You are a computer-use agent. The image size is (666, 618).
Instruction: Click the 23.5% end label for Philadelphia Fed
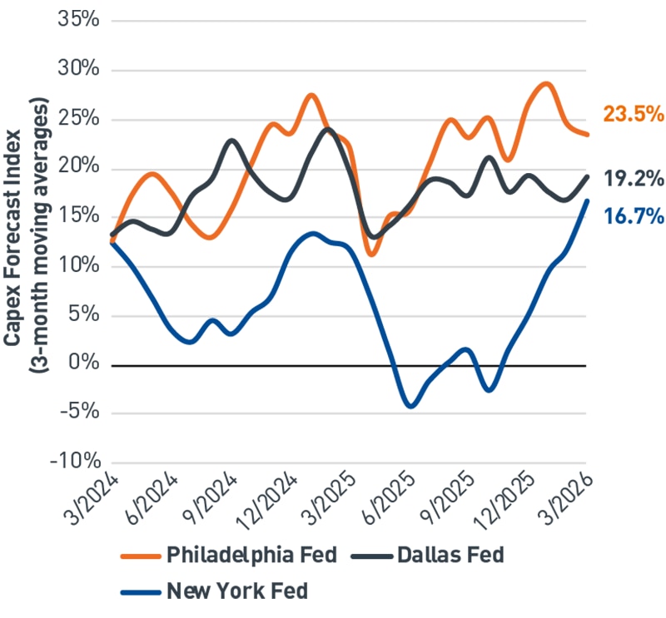pyautogui.click(x=633, y=115)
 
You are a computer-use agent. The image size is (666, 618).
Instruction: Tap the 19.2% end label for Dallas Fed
pyautogui.click(x=633, y=178)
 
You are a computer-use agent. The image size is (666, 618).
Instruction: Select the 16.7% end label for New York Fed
pyautogui.click(x=633, y=217)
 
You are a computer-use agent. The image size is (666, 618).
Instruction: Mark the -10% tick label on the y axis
pyautogui.click(x=75, y=462)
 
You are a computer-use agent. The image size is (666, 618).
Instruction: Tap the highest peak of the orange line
pyautogui.click(x=545, y=83)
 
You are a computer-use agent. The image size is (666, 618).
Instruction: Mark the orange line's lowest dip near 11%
pyautogui.click(x=371, y=255)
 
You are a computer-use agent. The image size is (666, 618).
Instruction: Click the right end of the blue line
pyautogui.click(x=587, y=200)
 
